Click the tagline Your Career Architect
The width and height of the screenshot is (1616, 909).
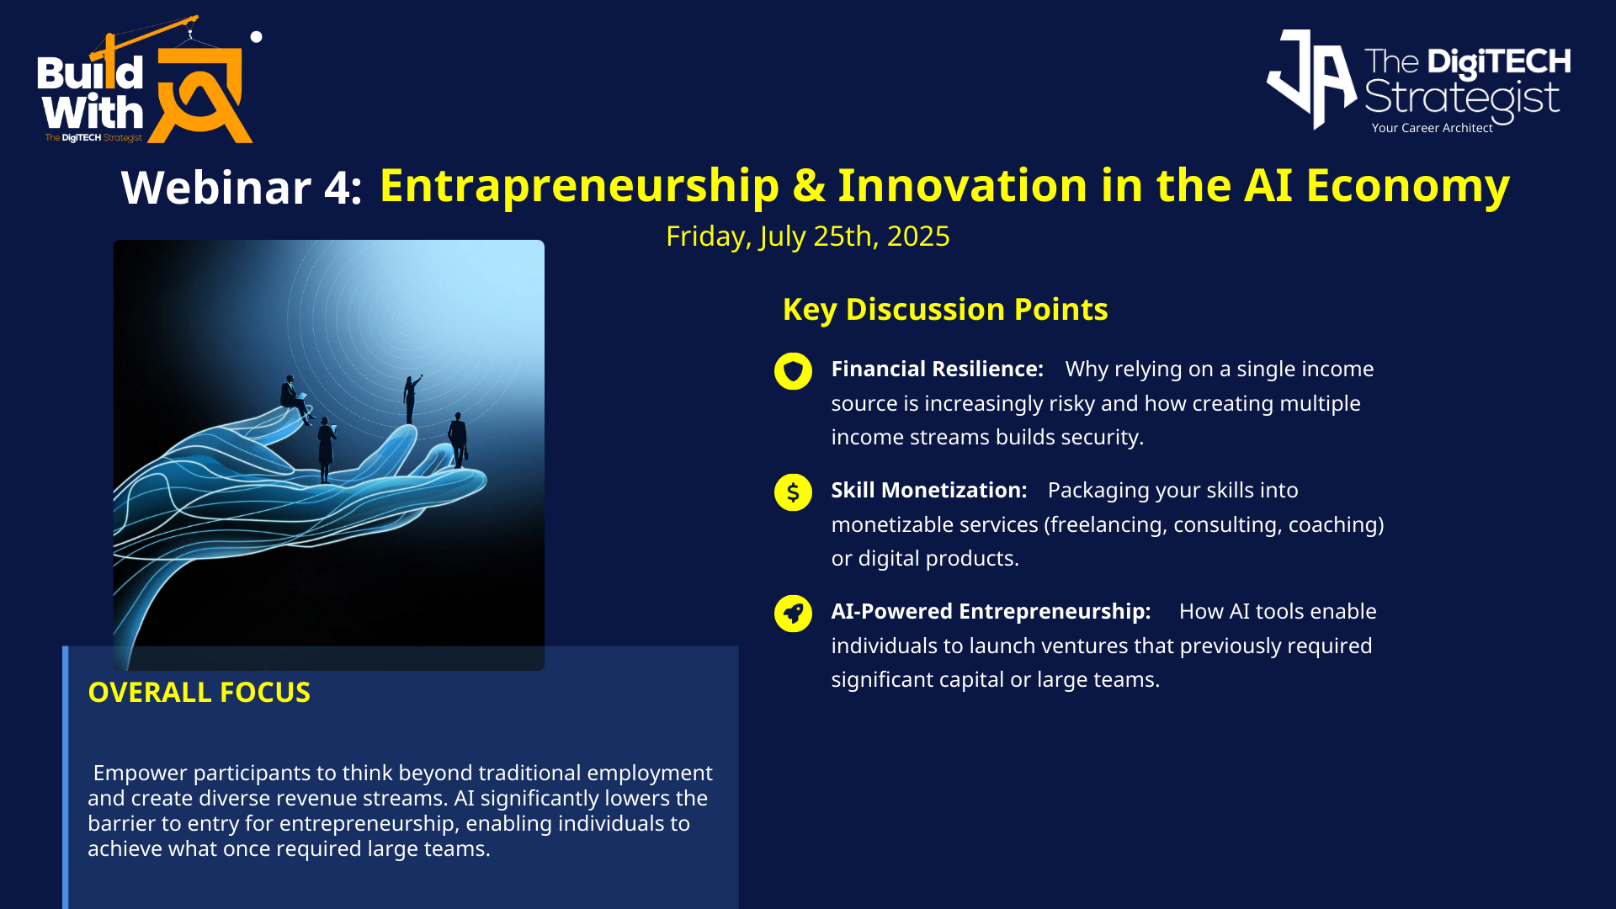[1432, 128]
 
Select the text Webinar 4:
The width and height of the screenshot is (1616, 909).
[242, 187]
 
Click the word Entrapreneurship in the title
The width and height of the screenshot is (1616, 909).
[580, 187]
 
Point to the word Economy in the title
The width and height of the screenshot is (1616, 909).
[1408, 187]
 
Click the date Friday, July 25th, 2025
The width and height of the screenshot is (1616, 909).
[808, 237]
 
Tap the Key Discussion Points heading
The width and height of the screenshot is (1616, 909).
[945, 310]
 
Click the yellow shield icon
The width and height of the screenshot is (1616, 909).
[793, 371]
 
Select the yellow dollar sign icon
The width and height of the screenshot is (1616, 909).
[793, 492]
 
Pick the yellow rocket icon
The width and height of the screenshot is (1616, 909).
[793, 614]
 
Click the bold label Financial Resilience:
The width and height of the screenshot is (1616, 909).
[938, 369]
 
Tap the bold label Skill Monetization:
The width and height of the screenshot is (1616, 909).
[929, 490]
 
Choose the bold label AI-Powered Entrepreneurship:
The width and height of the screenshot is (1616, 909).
[991, 611]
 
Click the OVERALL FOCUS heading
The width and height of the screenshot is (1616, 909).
[199, 692]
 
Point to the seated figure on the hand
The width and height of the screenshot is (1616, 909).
[295, 396]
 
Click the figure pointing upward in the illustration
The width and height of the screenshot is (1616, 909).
[412, 398]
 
